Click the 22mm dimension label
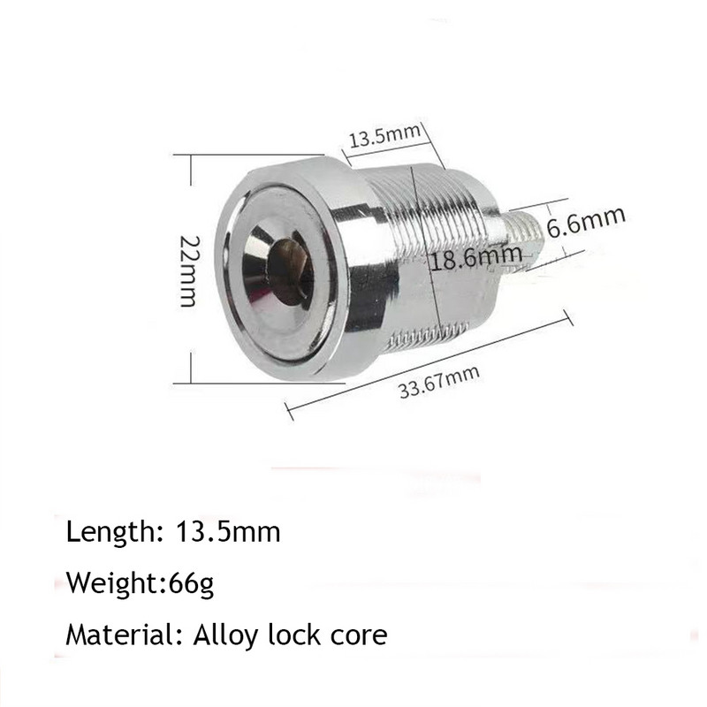tap(188, 270)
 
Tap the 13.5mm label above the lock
tap(384, 139)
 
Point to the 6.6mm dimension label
tap(586, 221)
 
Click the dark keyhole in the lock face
tap(285, 265)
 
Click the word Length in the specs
tap(108, 533)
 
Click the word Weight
tap(108, 584)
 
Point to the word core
tap(359, 635)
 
